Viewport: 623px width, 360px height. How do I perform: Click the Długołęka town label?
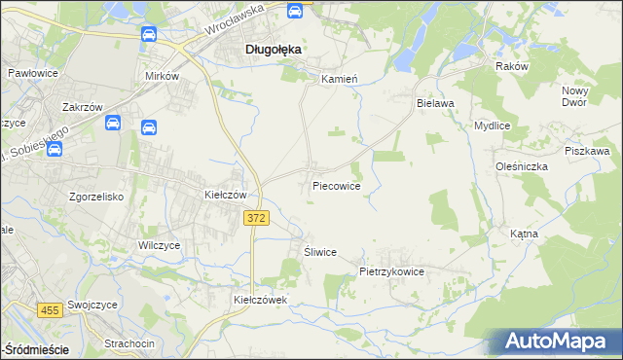point(272,49)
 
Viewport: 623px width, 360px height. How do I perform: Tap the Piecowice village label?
point(337,185)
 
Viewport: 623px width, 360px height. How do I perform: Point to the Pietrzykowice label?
point(391,271)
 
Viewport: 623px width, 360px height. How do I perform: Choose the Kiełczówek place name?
point(261,300)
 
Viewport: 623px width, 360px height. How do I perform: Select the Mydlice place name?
point(493,126)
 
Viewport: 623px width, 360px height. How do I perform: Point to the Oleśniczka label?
point(521,166)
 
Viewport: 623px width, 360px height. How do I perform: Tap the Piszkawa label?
point(587,151)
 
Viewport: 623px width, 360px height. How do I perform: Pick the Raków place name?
point(511,66)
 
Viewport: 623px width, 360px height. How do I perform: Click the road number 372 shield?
point(255,221)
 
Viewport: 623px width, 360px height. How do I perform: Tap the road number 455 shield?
point(51,310)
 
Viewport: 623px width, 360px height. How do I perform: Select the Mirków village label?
point(162,75)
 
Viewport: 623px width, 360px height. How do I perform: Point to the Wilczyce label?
point(160,246)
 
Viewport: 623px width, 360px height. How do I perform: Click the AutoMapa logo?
point(559,341)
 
